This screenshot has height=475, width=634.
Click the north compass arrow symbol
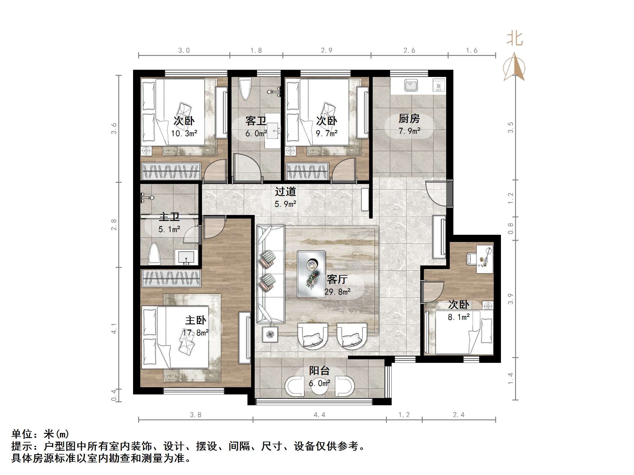pos(514,67)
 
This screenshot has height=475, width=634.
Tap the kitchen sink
pos(411,85)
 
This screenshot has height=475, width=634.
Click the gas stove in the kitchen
pos(439,85)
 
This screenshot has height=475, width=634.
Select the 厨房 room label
pos(409,119)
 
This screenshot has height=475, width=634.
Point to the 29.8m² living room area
pos(337,292)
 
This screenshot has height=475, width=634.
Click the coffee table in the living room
pos(311,274)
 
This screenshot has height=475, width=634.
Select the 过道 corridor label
pos(285,192)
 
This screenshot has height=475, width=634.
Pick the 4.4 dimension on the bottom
pos(319,415)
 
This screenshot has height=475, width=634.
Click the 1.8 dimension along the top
pos(256,51)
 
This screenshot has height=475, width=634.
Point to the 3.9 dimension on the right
pos(510,299)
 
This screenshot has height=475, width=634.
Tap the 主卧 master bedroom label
pos(196,320)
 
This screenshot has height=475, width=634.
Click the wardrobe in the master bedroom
pos(171,278)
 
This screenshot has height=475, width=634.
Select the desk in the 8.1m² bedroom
pos(484,259)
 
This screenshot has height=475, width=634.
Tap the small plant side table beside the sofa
pos(270,334)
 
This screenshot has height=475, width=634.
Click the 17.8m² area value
pos(196,333)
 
